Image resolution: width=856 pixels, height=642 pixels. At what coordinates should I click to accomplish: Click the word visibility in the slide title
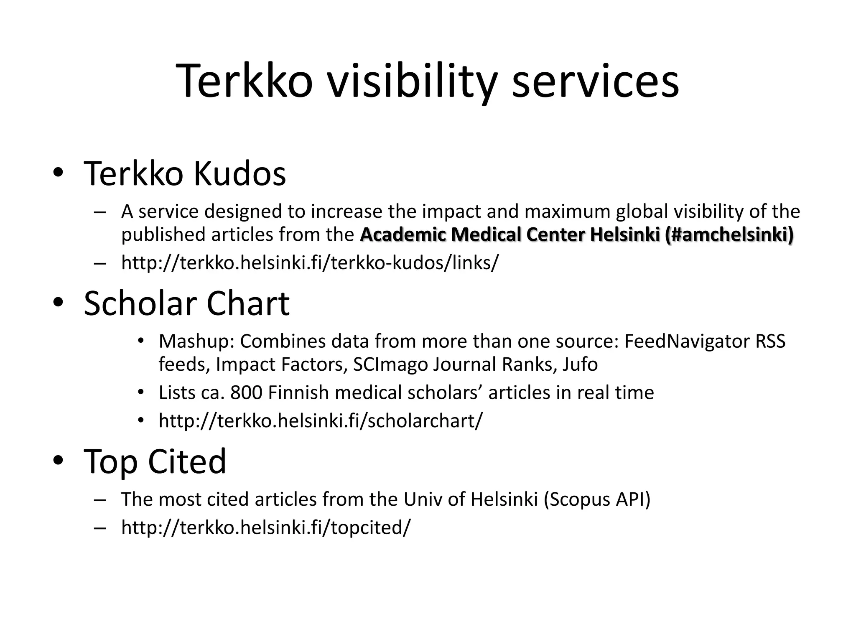click(412, 81)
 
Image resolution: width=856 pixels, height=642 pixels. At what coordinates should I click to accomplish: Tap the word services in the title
click(595, 81)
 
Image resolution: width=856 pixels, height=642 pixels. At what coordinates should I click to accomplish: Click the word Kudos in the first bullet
click(239, 174)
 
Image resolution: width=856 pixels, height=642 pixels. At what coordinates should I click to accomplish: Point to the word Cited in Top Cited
click(187, 461)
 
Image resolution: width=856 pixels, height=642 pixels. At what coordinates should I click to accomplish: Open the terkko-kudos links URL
click(310, 263)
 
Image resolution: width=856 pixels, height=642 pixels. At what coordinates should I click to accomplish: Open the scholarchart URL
click(321, 420)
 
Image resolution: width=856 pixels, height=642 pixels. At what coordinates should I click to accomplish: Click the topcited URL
click(266, 527)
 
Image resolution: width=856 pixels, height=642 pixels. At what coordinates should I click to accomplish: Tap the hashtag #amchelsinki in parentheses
click(729, 235)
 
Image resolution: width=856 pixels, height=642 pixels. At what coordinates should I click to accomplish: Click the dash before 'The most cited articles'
click(100, 499)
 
